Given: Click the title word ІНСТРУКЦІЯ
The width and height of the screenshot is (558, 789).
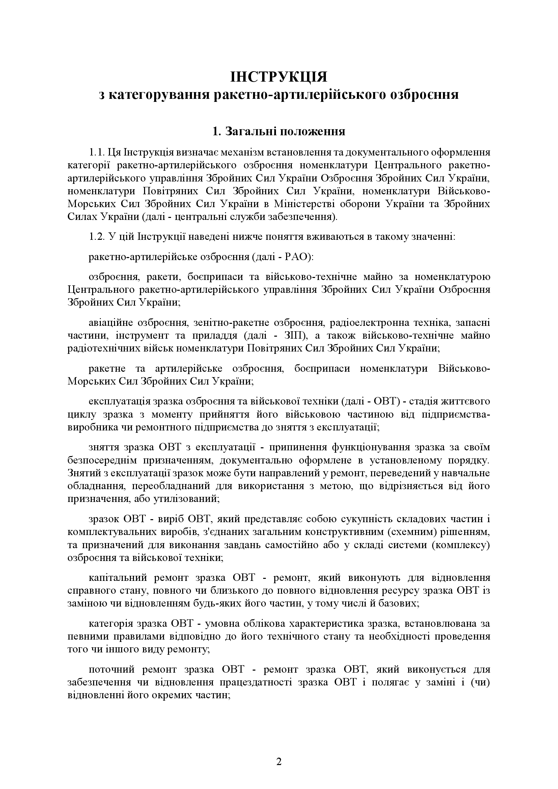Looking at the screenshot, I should coord(279,77).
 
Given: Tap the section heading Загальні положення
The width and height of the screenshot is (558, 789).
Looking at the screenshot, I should coord(285,131).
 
